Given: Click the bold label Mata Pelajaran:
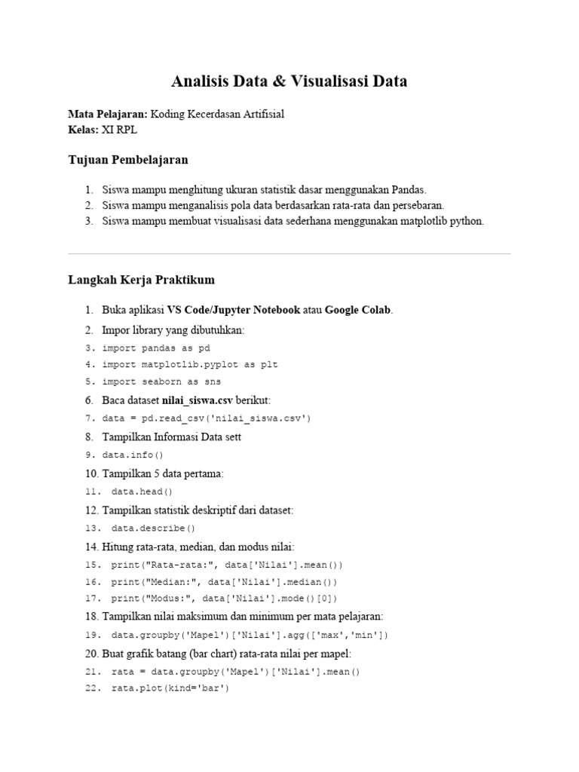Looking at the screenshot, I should tap(108, 114).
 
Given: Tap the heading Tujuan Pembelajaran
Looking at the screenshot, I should tap(128, 160).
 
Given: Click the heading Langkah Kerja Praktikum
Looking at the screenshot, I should tap(142, 280).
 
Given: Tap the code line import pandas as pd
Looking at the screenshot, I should tap(156, 348).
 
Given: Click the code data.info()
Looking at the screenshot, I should tap(133, 455).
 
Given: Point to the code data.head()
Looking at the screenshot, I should tap(142, 491).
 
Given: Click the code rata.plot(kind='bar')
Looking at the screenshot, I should tap(170, 688).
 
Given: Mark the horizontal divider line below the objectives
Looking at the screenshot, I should tap(289, 254).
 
